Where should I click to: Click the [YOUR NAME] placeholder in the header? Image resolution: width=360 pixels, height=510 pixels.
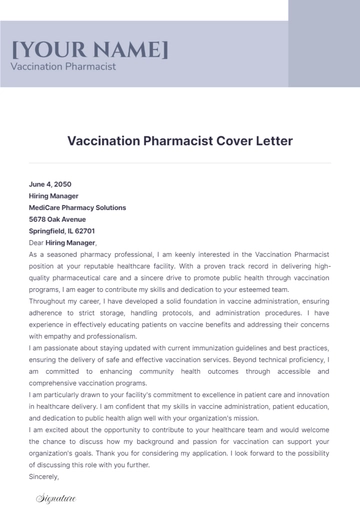(x=90, y=50)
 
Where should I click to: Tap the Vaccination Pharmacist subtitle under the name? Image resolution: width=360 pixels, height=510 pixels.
(x=63, y=67)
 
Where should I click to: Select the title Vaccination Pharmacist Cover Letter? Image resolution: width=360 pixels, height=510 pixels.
(x=180, y=141)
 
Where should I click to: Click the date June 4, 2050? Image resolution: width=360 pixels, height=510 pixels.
(x=51, y=185)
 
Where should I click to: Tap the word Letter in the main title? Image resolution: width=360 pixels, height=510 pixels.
(x=274, y=141)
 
